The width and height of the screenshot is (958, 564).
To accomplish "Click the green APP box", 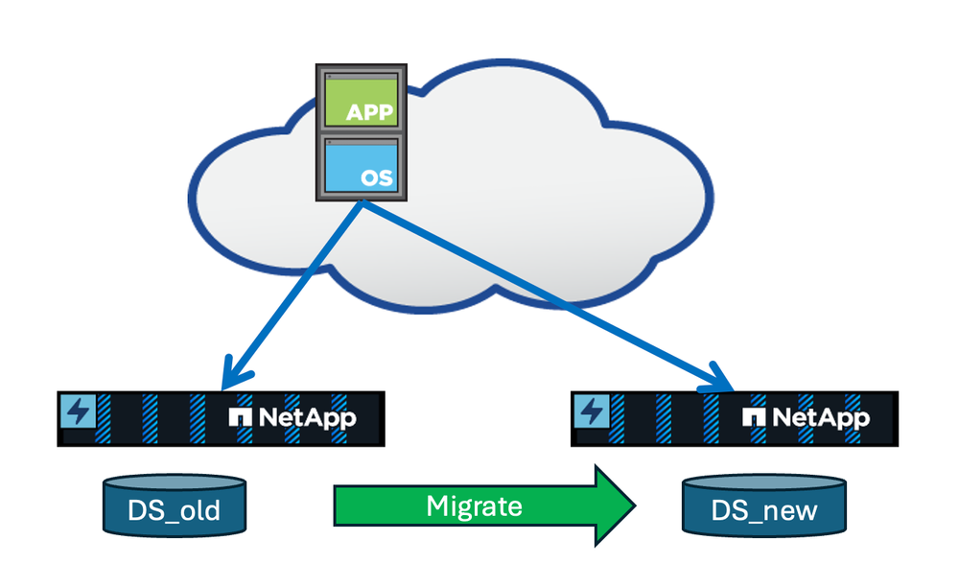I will coord(361,102).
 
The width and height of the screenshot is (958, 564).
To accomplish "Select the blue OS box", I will coord(361,165).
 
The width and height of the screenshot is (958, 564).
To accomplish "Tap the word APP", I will coord(370,113).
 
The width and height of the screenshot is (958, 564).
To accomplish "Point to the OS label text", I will coord(378,178).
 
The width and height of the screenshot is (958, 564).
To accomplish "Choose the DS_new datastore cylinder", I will coord(764,505).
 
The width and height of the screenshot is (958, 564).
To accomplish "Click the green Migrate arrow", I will coord(479,505).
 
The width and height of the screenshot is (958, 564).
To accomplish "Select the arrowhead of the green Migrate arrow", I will coord(615,505).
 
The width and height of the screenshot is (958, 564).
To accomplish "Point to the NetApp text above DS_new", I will coord(820,417).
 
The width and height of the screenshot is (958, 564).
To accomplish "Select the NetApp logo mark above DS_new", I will coord(755,417).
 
